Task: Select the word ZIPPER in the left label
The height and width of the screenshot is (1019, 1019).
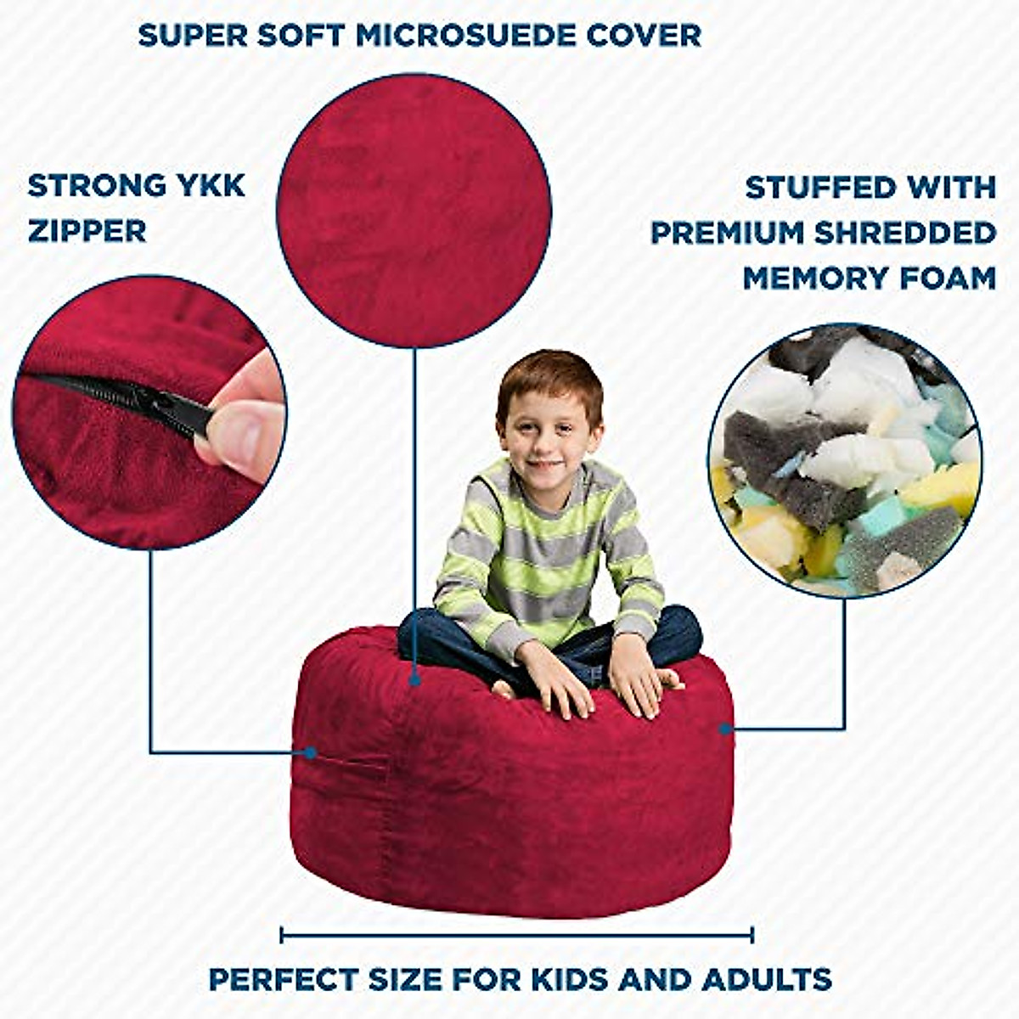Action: coord(87,230)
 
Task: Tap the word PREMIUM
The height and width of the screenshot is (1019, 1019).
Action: coord(727,233)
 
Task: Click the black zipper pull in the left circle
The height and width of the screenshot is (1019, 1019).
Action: coord(166,406)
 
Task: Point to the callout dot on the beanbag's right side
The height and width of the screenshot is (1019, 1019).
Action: coord(725,729)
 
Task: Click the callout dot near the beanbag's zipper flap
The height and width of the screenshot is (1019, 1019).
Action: coord(311,752)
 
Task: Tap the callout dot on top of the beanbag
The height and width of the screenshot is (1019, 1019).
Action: coord(414,679)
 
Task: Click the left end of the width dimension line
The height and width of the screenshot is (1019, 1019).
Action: coord(282,936)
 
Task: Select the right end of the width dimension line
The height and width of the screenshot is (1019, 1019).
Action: coord(752,936)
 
